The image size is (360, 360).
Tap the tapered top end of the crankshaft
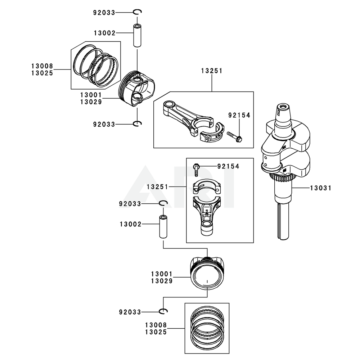click(x=283, y=112)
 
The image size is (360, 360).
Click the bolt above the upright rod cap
click(x=196, y=169)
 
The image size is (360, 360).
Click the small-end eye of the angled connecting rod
click(x=168, y=105)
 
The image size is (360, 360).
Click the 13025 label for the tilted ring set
click(x=42, y=73)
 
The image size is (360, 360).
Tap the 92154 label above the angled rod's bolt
click(x=239, y=115)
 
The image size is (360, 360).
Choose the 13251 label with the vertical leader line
click(x=212, y=71)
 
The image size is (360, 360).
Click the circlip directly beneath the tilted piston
click(x=138, y=124)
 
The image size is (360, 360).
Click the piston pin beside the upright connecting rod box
click(x=163, y=227)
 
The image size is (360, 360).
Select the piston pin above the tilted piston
click(x=137, y=36)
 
